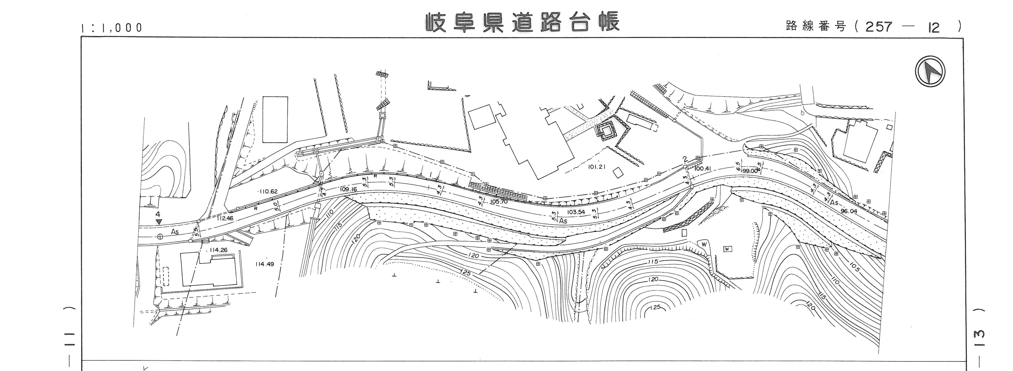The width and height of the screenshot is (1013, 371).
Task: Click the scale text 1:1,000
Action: [111, 28]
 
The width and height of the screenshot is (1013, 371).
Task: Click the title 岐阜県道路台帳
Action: [522, 22]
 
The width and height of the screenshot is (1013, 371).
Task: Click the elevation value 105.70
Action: [499, 202]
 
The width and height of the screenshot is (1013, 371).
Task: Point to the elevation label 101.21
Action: [597, 167]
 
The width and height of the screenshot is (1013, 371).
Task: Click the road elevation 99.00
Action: [750, 171]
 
